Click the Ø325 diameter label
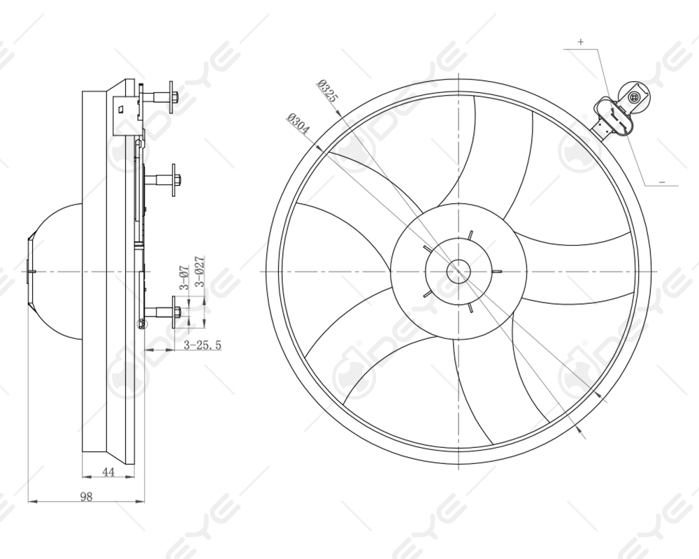(x=326, y=92)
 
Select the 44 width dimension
(x=108, y=472)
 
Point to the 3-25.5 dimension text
(x=203, y=344)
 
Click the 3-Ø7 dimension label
(x=184, y=277)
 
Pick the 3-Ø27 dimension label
(x=199, y=273)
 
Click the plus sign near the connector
(x=580, y=42)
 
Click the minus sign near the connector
(x=663, y=182)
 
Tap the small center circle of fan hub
(x=458, y=271)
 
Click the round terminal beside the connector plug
(x=635, y=97)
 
